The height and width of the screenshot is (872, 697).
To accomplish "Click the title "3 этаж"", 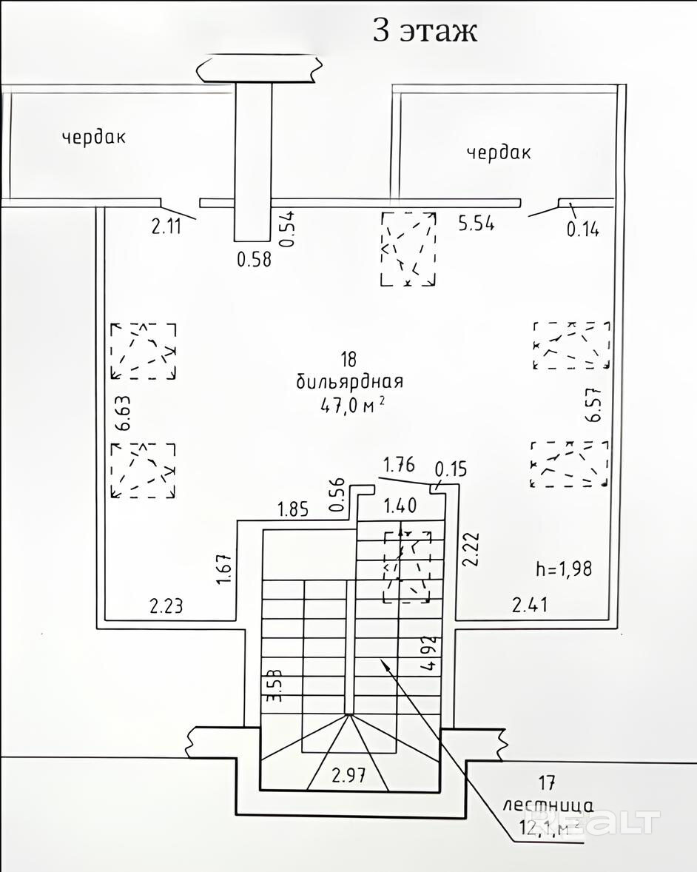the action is [x=424, y=31].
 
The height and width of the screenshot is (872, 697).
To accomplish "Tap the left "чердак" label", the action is [x=94, y=137].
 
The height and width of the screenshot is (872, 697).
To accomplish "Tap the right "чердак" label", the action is [x=499, y=152].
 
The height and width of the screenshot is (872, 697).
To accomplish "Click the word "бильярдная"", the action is [x=349, y=382].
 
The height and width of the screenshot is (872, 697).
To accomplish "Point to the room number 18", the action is [x=348, y=360].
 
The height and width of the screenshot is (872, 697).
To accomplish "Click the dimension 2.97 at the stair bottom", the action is [x=349, y=777].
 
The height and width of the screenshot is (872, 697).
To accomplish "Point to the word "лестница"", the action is [x=548, y=805].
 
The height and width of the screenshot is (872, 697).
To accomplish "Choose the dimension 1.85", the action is [x=293, y=509].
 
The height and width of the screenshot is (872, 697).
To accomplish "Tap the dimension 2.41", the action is [x=531, y=606].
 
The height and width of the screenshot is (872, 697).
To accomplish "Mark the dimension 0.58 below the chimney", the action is [x=254, y=259].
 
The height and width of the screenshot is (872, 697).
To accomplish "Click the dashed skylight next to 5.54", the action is [x=408, y=248].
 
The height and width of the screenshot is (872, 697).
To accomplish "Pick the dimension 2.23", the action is [x=166, y=607].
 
